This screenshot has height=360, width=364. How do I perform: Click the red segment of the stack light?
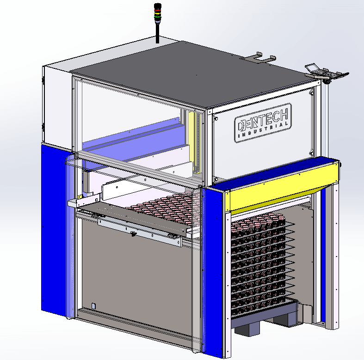click(x=158, y=10)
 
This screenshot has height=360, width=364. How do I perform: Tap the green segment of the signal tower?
click(x=158, y=17)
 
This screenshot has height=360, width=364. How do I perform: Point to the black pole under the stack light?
click(x=157, y=32)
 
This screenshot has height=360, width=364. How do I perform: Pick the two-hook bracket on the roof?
click(x=259, y=57)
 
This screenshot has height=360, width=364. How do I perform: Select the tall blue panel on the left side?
click(x=54, y=230)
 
